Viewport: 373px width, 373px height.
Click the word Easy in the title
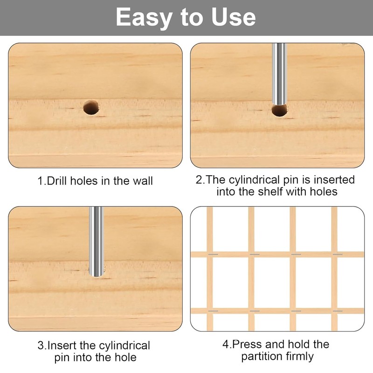pyautogui.click(x=143, y=18)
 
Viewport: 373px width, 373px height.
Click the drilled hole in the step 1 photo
pyautogui.click(x=92, y=108)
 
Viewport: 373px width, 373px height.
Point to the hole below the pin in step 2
pyautogui.click(x=279, y=111)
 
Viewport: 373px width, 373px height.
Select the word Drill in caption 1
pyautogui.click(x=58, y=180)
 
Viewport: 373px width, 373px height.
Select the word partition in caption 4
pyautogui.click(x=261, y=357)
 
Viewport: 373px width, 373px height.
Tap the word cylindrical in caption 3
pyautogui.click(x=124, y=346)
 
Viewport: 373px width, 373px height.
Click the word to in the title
pyautogui.click(x=190, y=18)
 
